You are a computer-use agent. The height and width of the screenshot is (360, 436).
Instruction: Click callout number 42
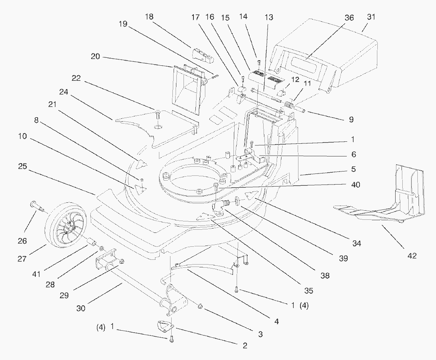tap(412, 256)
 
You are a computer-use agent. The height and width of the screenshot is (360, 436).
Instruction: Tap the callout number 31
tap(371, 17)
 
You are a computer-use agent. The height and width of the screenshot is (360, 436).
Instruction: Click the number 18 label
tap(149, 17)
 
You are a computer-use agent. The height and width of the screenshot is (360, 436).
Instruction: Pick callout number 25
tap(23, 167)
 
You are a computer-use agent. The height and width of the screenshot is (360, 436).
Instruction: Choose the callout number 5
tap(353, 169)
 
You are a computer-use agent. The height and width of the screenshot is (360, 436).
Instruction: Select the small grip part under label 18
tap(203, 55)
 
